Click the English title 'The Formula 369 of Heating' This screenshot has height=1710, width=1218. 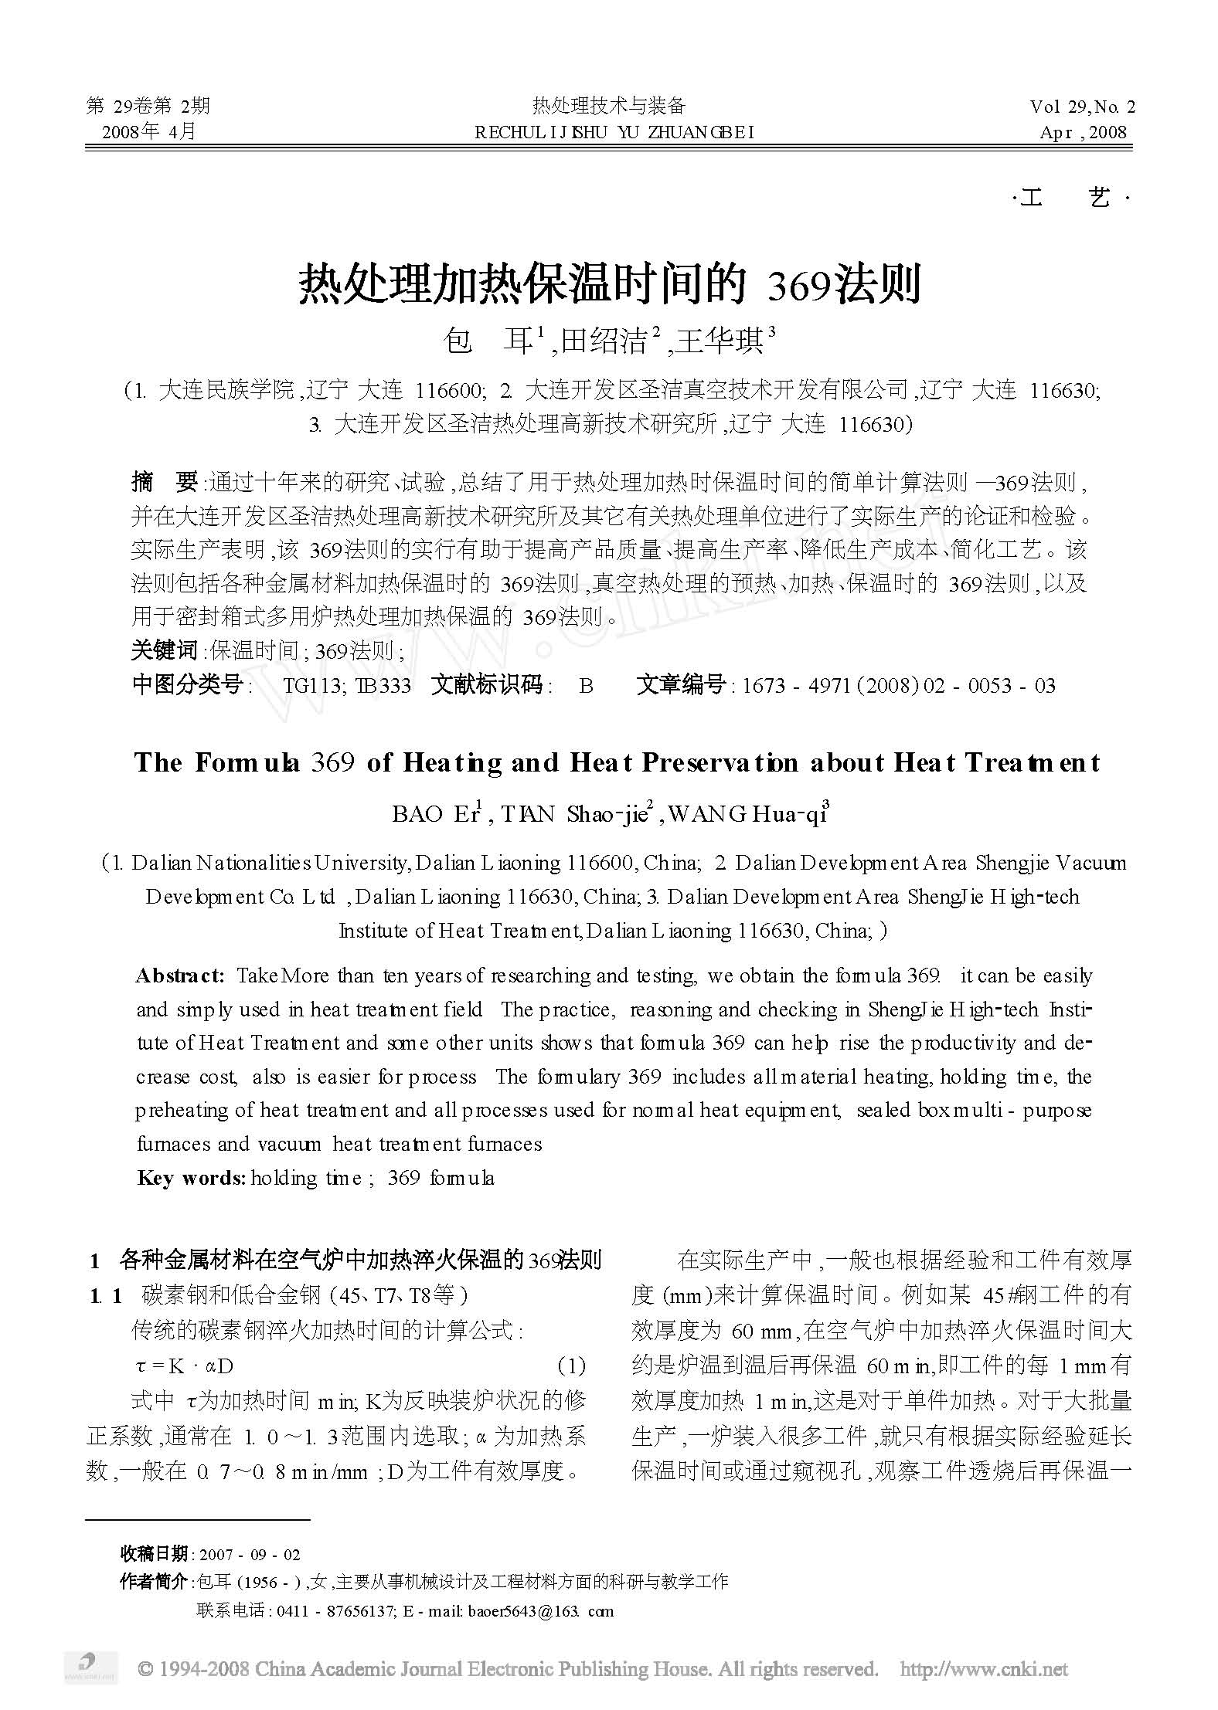pos(616,763)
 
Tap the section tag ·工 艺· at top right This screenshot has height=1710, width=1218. pos(1070,199)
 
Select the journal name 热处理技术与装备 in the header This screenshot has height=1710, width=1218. pos(609,106)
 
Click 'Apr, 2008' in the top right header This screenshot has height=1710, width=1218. pos(1084,132)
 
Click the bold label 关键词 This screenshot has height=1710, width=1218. pos(165,650)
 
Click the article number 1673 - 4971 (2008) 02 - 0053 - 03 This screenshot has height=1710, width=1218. pos(898,685)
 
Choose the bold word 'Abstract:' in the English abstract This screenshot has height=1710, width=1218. pos(180,975)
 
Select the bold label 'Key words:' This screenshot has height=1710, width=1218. pos(191,1178)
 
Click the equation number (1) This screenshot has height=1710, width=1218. pos(571,1366)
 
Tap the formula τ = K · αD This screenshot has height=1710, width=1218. pos(184,1366)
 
